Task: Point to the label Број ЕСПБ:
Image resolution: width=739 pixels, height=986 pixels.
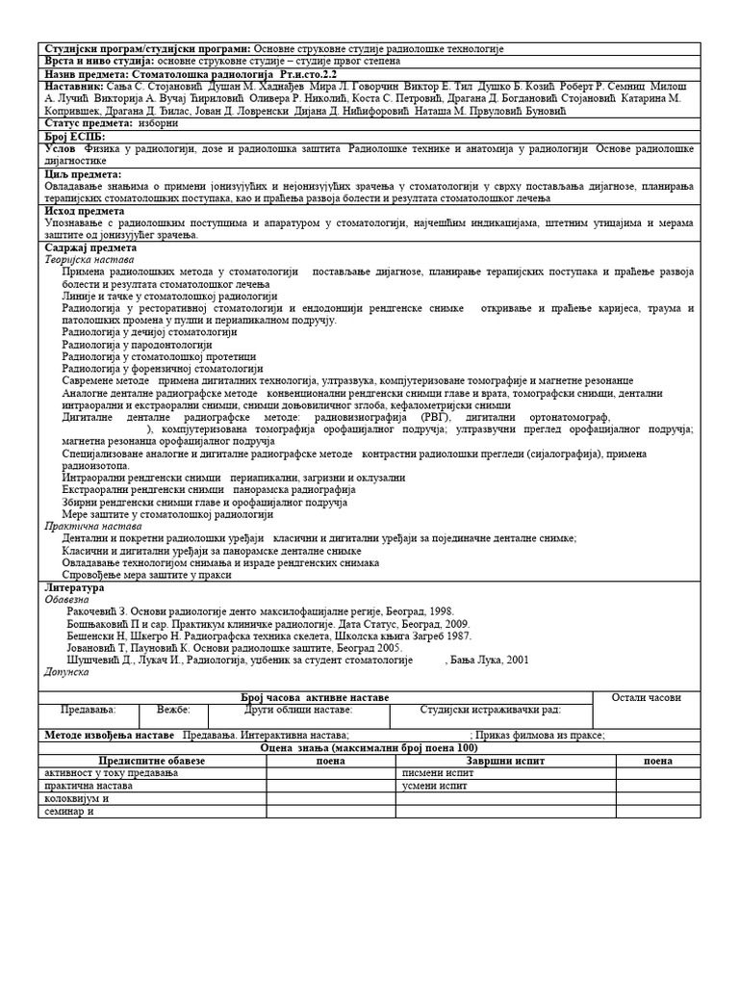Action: coord(75,137)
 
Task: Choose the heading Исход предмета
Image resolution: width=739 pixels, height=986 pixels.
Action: coord(85,210)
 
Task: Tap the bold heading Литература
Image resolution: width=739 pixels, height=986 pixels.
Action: coord(75,587)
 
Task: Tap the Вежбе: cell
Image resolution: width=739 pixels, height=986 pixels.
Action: coord(173,710)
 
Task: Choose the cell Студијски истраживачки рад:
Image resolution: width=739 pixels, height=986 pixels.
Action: coord(490,710)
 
